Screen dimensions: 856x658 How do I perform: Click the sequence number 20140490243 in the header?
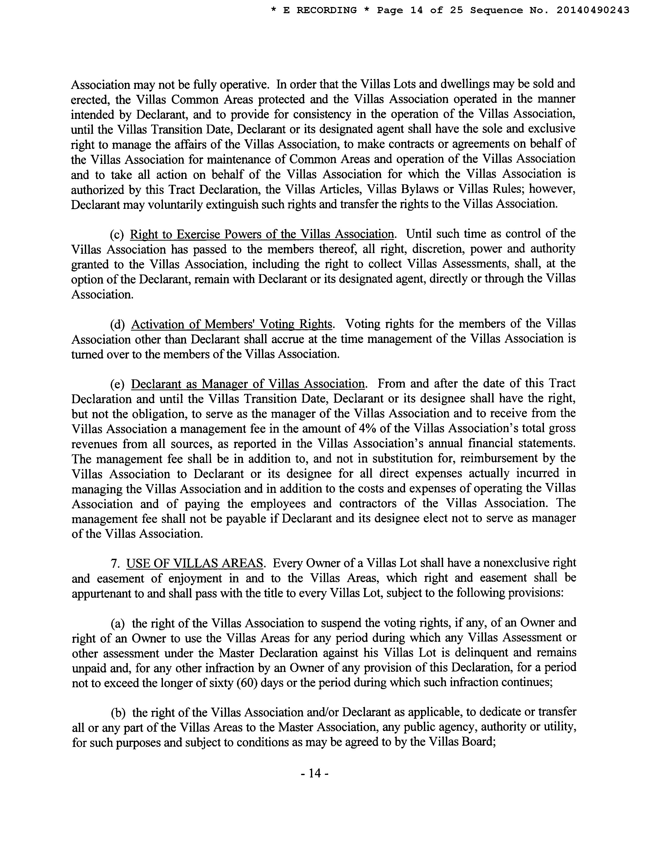[593, 10]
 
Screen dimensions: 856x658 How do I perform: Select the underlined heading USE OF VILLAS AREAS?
[194, 563]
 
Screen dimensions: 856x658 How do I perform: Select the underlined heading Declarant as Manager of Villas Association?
[248, 384]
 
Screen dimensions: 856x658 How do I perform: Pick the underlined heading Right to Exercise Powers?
[262, 234]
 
